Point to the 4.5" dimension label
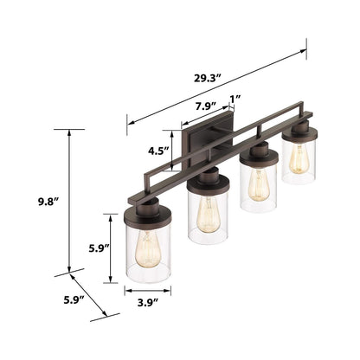click(x=158, y=150)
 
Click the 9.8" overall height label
click(x=46, y=202)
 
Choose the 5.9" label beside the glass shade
click(x=100, y=247)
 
